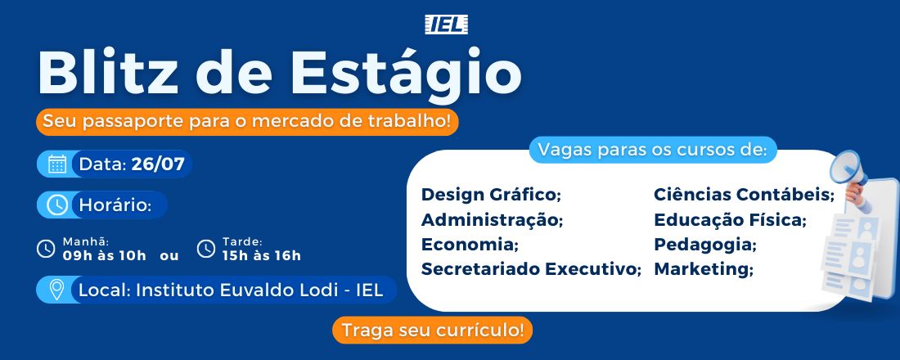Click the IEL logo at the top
446,24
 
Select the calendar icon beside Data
57,164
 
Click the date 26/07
158,164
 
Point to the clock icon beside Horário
57,205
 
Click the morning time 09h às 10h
105,255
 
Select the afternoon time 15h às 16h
262,255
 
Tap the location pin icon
56,290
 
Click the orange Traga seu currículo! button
432,331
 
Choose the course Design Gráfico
491,196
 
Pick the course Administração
493,220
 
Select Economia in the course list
470,245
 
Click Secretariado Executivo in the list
531,268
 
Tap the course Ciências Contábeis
745,195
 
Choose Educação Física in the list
731,220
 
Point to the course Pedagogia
705,245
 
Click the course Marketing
704,269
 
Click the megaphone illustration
849,173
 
